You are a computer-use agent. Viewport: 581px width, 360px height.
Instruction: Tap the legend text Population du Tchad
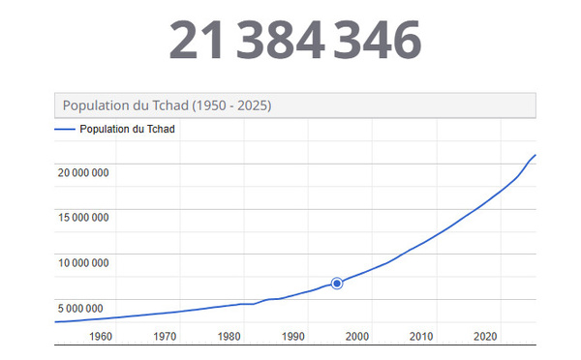[127, 129]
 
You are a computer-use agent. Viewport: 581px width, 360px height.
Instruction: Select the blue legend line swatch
[65, 129]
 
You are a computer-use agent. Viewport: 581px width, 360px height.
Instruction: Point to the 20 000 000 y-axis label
[82, 173]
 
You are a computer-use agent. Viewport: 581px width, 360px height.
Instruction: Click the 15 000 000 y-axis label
[82, 218]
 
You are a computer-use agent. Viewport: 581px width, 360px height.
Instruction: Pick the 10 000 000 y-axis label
[82, 263]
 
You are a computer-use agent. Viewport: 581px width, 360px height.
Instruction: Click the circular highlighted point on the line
[337, 283]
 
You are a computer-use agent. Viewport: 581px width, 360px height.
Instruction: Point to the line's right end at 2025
[535, 156]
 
